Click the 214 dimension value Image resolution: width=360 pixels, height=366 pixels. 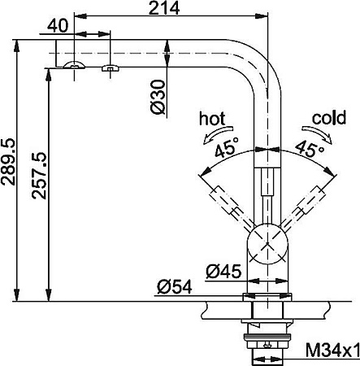pos(164,7)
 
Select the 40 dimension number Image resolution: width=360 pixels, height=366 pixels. pos(58,26)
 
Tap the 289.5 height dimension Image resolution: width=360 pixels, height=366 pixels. pos(8,162)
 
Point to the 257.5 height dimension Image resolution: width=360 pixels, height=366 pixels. pos(39,176)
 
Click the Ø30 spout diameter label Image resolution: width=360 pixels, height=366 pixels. pos(158,97)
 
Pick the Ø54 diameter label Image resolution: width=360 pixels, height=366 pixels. pos(175,287)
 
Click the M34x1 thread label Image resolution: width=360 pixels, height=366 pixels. pos(332,351)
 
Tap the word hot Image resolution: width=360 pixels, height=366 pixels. pos(212,119)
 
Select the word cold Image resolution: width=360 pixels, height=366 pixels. pos(329,118)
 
